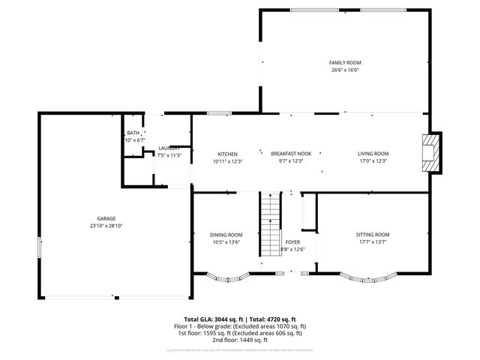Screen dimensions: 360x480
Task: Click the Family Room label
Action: [345, 62]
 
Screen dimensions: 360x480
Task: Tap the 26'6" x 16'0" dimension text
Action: [345, 70]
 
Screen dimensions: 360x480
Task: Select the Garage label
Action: [105, 218]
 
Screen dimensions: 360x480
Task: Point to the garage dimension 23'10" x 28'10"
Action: [105, 226]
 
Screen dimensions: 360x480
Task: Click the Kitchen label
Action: [227, 154]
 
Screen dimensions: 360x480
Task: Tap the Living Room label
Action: [373, 154]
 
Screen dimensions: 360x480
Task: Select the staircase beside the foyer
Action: [270, 225]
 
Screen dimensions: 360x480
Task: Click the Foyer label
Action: [292, 243]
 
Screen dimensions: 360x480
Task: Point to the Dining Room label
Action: [226, 235]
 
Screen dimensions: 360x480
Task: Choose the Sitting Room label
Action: [373, 235]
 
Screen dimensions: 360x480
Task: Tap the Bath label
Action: [133, 133]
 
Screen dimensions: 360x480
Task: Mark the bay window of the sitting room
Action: [373, 278]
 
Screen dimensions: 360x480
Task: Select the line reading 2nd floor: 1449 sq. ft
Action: [239, 341]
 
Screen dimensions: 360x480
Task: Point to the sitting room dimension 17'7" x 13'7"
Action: [373, 242]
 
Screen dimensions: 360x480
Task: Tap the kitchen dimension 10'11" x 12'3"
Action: [227, 161]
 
